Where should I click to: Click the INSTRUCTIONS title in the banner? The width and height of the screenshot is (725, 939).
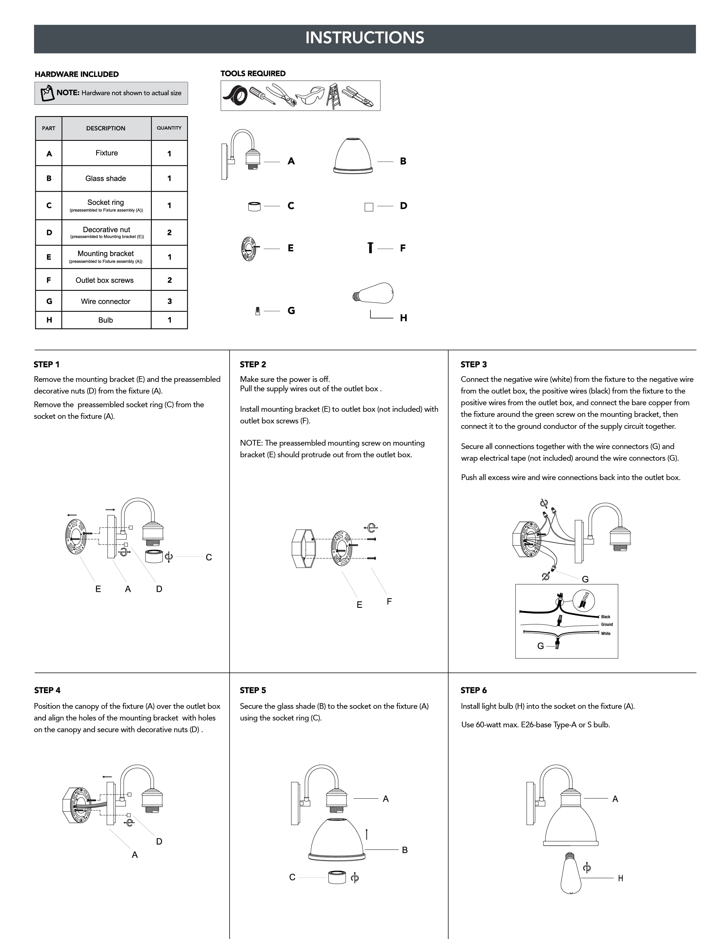[365, 38]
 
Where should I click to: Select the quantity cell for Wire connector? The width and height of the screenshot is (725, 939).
[169, 301]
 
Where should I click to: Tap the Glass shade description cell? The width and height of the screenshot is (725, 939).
[106, 178]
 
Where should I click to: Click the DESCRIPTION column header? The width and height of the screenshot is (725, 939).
[106, 128]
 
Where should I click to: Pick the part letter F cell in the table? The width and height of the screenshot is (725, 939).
[49, 280]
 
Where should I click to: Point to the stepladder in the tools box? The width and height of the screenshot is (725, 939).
[334, 96]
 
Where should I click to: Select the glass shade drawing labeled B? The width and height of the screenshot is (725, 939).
[353, 156]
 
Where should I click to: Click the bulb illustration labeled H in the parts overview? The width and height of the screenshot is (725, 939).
[373, 293]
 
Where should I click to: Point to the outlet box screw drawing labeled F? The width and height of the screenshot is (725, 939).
[370, 248]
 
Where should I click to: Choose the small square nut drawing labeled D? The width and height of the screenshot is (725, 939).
[369, 207]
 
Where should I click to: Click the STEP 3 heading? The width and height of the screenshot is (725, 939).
[474, 365]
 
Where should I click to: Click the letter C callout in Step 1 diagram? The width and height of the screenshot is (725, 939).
[209, 557]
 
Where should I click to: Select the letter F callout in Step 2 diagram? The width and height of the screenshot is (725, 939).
[389, 602]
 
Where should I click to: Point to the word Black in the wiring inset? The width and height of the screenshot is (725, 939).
[606, 617]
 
